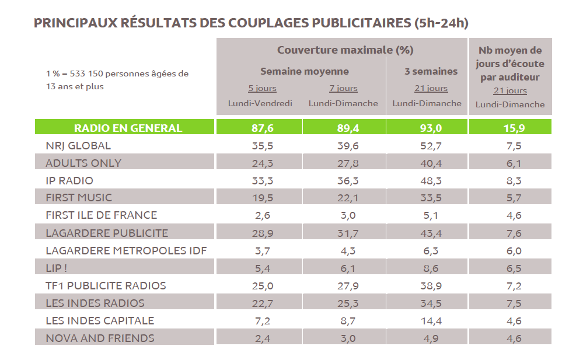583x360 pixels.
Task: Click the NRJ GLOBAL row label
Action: coord(78,146)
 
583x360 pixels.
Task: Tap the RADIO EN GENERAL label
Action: coord(128,128)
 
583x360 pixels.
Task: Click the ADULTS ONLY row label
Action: coord(83,163)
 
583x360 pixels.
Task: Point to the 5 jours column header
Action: coord(262,89)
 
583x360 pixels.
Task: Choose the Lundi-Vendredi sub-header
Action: coord(260,103)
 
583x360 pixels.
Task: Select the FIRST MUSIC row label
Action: coord(79,198)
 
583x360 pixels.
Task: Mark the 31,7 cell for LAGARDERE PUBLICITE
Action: coord(343,233)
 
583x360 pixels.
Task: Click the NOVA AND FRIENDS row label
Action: coord(100,338)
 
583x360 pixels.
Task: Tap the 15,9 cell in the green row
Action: coord(510,128)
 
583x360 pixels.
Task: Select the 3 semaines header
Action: coord(431,72)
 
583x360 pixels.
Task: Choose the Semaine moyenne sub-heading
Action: coord(304,72)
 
